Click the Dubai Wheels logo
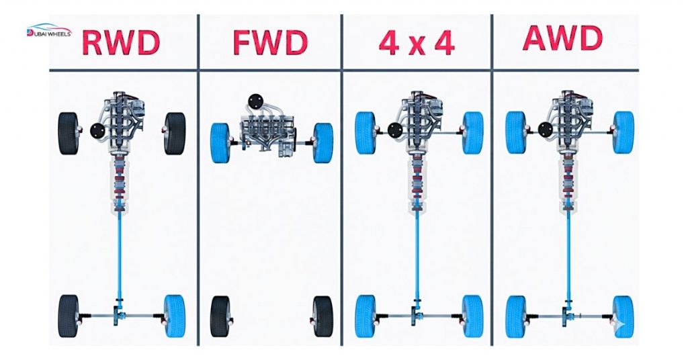tap(53, 31)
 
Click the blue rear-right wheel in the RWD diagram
tap(175, 315)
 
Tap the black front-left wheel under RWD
tap(69, 133)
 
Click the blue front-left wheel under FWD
tap(220, 143)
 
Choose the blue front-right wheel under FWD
tap(323, 143)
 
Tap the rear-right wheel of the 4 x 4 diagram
tap(472, 315)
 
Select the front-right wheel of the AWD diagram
tap(623, 132)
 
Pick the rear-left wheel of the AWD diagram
tap(516, 315)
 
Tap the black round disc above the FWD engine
tap(255, 101)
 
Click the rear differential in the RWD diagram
tap(120, 313)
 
